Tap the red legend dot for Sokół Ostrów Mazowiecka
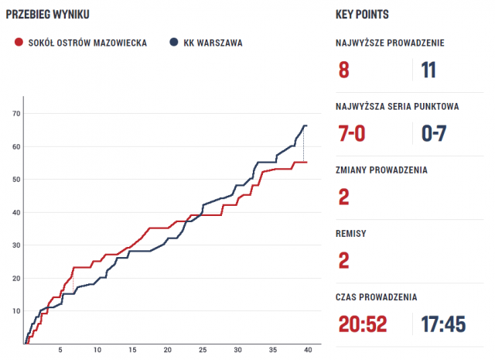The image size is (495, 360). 19,43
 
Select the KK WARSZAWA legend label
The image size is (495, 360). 213,43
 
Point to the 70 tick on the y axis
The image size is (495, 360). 16,114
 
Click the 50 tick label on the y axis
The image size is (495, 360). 16,180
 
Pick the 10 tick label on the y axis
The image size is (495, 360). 16,311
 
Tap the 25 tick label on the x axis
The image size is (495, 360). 203,351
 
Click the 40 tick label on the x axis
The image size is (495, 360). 308,351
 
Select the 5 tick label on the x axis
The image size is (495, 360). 61,351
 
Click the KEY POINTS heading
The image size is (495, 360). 362,15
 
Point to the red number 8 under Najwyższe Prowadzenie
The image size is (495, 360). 344,70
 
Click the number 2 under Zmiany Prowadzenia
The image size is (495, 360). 344,197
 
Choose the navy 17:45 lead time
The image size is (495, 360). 443,324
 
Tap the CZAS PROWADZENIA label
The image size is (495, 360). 377,297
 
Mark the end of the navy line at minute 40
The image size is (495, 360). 306,125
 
